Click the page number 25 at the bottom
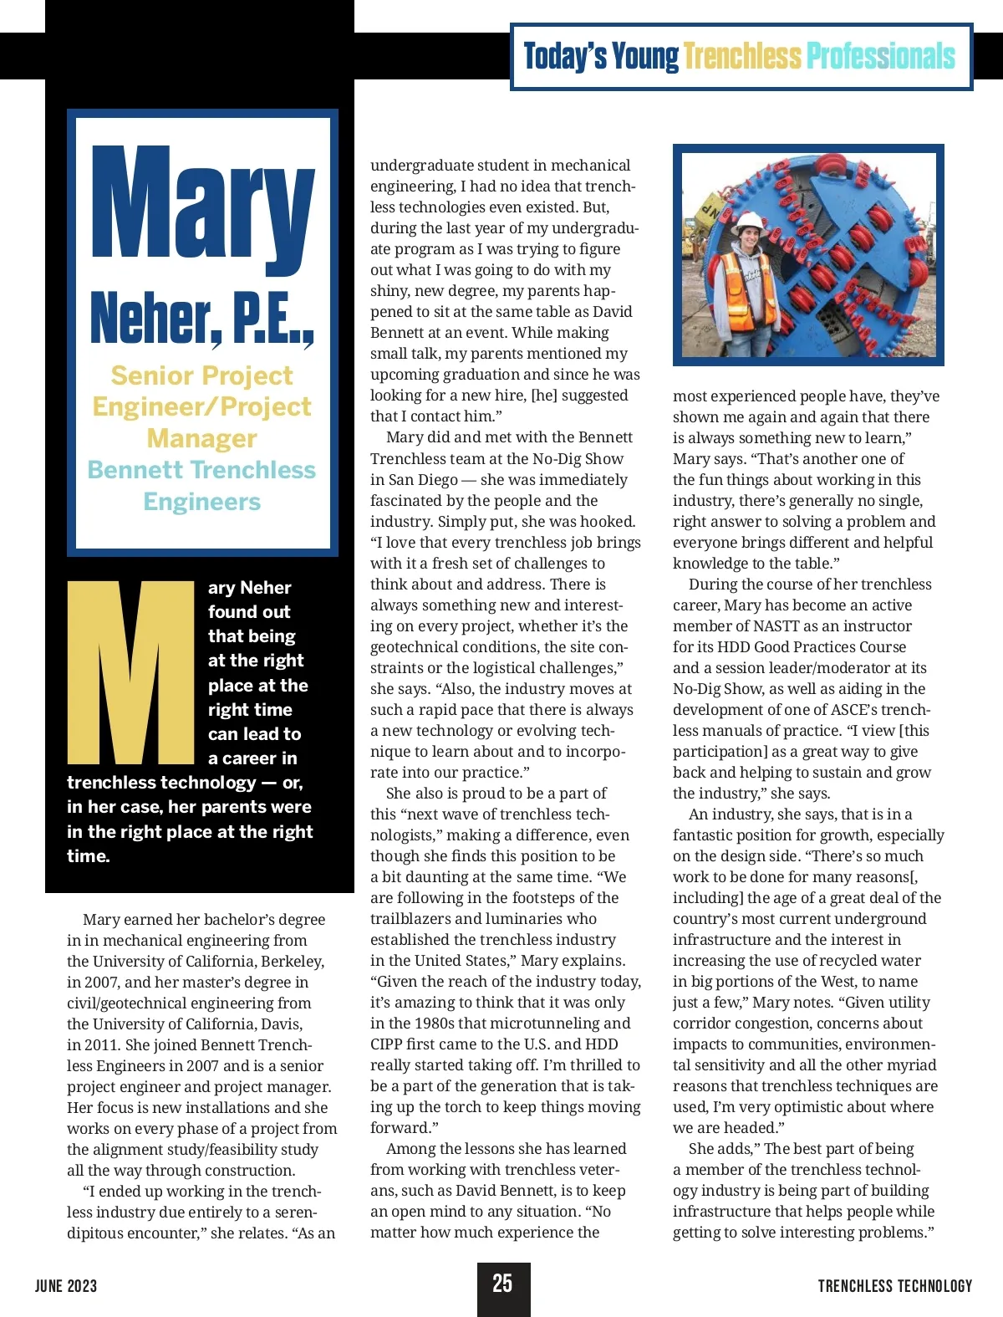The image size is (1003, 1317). coord(502,1284)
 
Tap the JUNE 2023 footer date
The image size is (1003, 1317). coord(66,1286)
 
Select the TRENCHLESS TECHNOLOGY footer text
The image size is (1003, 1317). coord(895,1286)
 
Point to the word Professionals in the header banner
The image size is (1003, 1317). coord(880,57)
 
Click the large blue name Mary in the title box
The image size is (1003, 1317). coord(202,205)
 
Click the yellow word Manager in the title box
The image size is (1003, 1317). coord(201,438)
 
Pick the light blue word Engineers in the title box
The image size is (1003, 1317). coord(201,502)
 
